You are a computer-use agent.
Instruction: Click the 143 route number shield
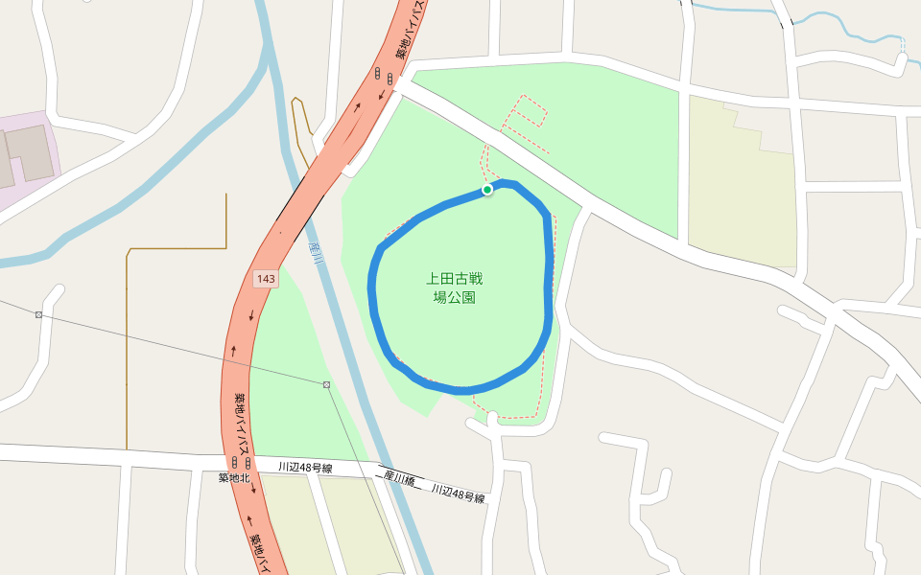(x=266, y=279)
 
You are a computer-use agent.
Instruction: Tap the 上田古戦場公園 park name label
(x=454, y=288)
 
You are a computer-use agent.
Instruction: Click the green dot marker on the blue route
(x=487, y=190)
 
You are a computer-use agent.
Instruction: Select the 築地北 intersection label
(x=233, y=477)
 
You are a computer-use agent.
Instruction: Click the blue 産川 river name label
(x=314, y=254)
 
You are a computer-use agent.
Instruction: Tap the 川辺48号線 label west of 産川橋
(x=305, y=468)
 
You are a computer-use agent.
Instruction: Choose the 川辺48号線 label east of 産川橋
(x=459, y=494)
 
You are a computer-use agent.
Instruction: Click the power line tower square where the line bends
(x=327, y=384)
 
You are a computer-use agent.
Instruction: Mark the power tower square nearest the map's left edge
(x=38, y=314)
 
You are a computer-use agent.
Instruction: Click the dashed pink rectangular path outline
(x=526, y=119)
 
